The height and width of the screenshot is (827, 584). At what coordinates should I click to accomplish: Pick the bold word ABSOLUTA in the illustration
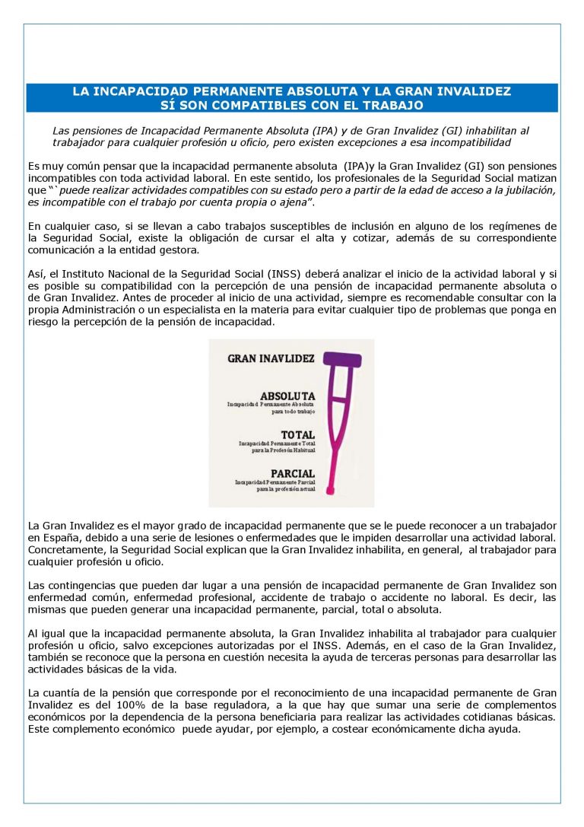287,396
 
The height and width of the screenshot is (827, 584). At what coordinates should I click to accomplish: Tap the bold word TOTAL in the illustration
298,435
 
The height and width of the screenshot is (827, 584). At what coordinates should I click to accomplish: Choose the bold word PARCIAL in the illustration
293,473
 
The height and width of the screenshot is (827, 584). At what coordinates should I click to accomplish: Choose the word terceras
414,657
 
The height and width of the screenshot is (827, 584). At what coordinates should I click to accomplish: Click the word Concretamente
63,550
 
